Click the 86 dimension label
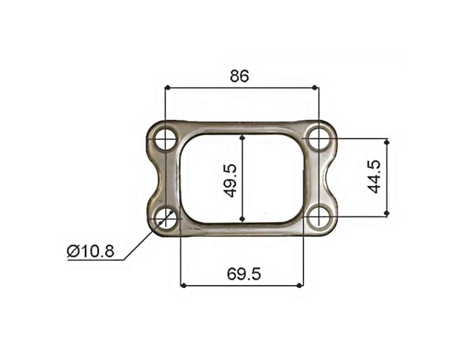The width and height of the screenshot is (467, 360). (239, 76)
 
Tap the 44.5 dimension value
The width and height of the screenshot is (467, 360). (374, 177)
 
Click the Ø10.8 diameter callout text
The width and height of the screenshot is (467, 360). (90, 251)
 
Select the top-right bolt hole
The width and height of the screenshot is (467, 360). (318, 139)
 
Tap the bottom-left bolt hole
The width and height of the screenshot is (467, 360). (165, 218)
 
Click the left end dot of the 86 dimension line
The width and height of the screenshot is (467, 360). (167, 87)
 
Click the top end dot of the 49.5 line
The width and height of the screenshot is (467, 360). (243, 136)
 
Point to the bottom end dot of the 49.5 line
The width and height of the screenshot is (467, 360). (243, 220)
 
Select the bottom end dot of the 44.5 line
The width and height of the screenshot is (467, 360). (387, 213)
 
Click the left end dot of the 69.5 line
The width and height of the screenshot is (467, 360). (183, 286)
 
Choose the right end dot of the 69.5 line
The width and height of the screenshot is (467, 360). (299, 286)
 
